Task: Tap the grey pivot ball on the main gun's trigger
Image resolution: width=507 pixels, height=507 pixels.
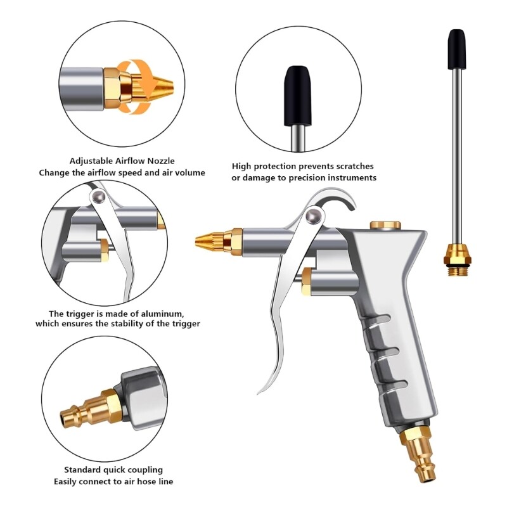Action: tap(312, 217)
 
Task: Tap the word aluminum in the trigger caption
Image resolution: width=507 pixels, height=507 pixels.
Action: tap(162, 313)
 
